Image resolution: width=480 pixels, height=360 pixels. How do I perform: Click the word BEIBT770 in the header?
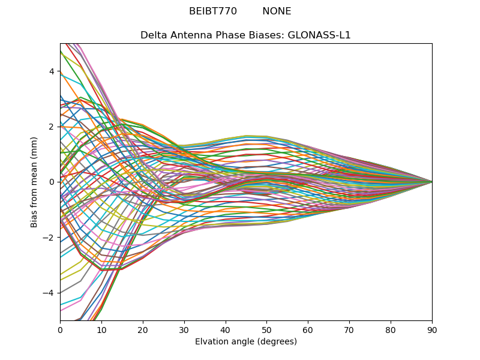tap(212, 11)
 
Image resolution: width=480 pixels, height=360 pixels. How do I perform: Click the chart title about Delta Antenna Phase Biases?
tap(245, 35)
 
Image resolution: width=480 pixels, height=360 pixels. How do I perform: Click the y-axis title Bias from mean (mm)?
tap(34, 182)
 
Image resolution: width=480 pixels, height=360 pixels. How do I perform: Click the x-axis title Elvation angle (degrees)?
tap(246, 342)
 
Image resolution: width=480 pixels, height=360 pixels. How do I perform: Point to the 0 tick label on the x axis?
tap(60, 329)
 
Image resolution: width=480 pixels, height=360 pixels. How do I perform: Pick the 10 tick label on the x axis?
tap(101, 329)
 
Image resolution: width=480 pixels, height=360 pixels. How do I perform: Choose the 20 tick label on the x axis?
tap(143, 329)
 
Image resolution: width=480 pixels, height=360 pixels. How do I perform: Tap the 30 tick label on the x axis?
tap(184, 329)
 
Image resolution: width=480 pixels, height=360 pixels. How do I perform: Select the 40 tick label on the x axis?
tap(226, 329)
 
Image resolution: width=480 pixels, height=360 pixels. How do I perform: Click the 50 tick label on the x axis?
tap(266, 329)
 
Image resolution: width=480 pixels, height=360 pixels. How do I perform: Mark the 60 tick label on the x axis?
tap(308, 329)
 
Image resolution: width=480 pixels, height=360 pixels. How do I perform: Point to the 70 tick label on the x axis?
tap(349, 329)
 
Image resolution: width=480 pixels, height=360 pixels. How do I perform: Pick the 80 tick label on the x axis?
tap(391, 329)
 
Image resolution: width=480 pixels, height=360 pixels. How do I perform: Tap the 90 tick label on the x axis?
tap(432, 329)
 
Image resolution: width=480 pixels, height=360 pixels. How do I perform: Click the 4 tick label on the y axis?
tap(52, 71)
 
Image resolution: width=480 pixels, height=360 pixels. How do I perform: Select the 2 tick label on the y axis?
tap(52, 127)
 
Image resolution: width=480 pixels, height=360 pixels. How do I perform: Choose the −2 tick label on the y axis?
tap(50, 238)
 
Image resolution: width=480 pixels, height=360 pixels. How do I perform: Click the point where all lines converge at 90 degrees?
tap(432, 182)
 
